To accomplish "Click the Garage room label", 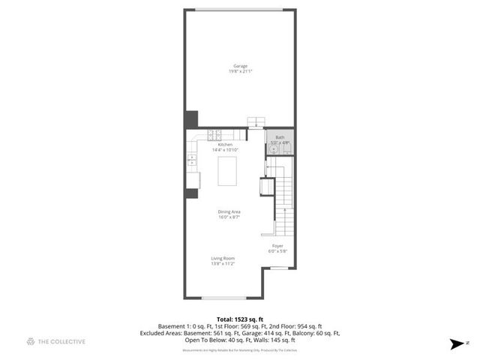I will point(239,66).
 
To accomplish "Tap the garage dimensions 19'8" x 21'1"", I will point(239,72).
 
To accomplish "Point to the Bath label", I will point(280,137).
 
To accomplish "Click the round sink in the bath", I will point(274,148).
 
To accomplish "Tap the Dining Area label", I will point(229,212).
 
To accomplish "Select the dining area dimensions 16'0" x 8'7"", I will point(229,217).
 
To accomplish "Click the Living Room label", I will point(223,258).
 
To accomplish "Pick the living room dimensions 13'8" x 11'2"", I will point(223,264).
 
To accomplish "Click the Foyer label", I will point(277,245).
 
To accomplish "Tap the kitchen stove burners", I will point(214,136).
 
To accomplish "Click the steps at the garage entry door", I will point(257,123).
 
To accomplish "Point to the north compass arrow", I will point(455,343).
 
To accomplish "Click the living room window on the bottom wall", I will point(218,298).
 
